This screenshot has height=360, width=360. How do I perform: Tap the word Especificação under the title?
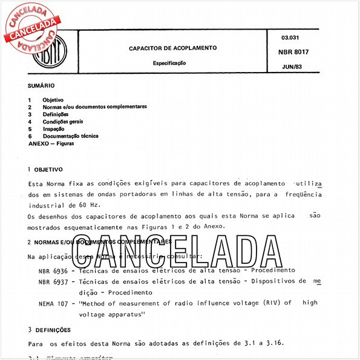(169, 63)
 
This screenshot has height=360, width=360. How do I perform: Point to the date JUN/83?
(292, 66)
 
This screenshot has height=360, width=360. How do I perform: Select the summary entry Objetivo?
(53, 100)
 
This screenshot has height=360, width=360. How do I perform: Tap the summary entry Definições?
(56, 114)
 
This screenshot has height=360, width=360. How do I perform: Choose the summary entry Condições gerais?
(63, 122)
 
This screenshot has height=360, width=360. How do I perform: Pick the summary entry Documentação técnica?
(70, 136)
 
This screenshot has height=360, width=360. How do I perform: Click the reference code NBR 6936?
(51, 270)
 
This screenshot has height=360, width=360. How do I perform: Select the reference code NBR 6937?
(51, 281)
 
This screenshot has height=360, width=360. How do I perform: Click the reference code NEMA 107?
(53, 303)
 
